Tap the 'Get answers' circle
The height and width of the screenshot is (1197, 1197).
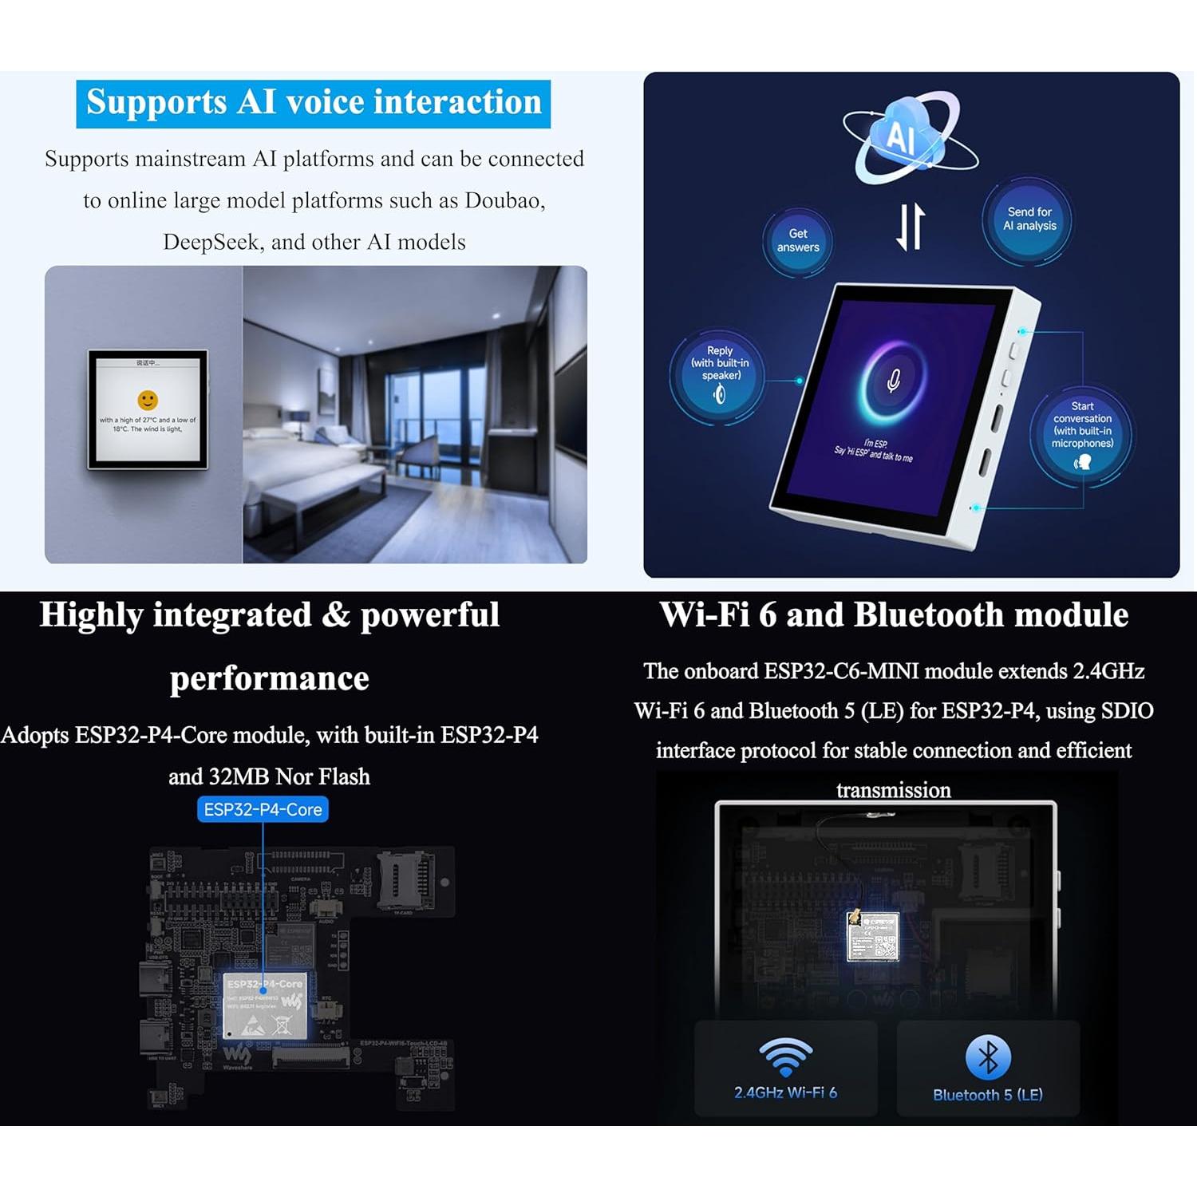(x=798, y=240)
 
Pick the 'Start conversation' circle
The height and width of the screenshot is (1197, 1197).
(x=1082, y=435)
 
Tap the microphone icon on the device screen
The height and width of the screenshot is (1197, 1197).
(x=894, y=381)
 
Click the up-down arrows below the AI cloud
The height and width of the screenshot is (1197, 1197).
(x=911, y=227)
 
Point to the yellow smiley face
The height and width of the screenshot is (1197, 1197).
(x=148, y=400)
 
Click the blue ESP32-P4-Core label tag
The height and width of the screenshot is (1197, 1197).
(x=263, y=809)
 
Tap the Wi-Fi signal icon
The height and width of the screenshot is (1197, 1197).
(x=785, y=1057)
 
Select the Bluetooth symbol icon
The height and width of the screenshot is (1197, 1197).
(x=988, y=1057)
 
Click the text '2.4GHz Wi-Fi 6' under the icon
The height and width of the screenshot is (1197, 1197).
(x=785, y=1092)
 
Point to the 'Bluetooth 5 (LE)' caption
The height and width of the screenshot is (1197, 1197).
(x=988, y=1095)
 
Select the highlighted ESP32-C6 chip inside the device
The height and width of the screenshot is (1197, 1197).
(x=873, y=936)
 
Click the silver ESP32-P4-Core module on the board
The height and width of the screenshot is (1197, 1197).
(x=265, y=1005)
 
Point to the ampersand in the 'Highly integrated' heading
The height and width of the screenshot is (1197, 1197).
(x=336, y=614)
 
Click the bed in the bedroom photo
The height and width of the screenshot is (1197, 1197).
(x=319, y=471)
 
